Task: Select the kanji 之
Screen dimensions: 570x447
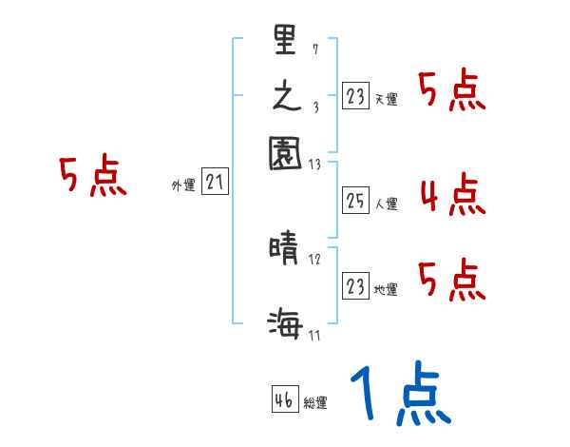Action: (x=285, y=96)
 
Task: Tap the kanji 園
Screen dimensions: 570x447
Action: (x=285, y=152)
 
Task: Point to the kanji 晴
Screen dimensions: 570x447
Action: (x=285, y=251)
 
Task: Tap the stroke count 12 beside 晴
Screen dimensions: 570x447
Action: (x=315, y=260)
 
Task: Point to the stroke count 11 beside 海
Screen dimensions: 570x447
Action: (x=314, y=333)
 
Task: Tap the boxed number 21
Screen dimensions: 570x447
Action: (x=215, y=183)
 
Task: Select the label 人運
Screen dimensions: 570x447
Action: (x=387, y=204)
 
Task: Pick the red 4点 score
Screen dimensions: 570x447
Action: (x=452, y=196)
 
